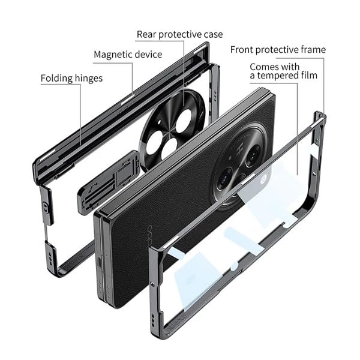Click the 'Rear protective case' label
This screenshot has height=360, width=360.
tap(179, 35)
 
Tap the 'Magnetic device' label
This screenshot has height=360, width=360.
tap(128, 55)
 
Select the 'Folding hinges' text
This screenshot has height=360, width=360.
tap(71, 79)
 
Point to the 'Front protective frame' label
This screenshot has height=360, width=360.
tap(278, 50)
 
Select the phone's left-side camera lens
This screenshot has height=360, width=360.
tap(226, 178)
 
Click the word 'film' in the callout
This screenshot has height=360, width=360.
tap(307, 76)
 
